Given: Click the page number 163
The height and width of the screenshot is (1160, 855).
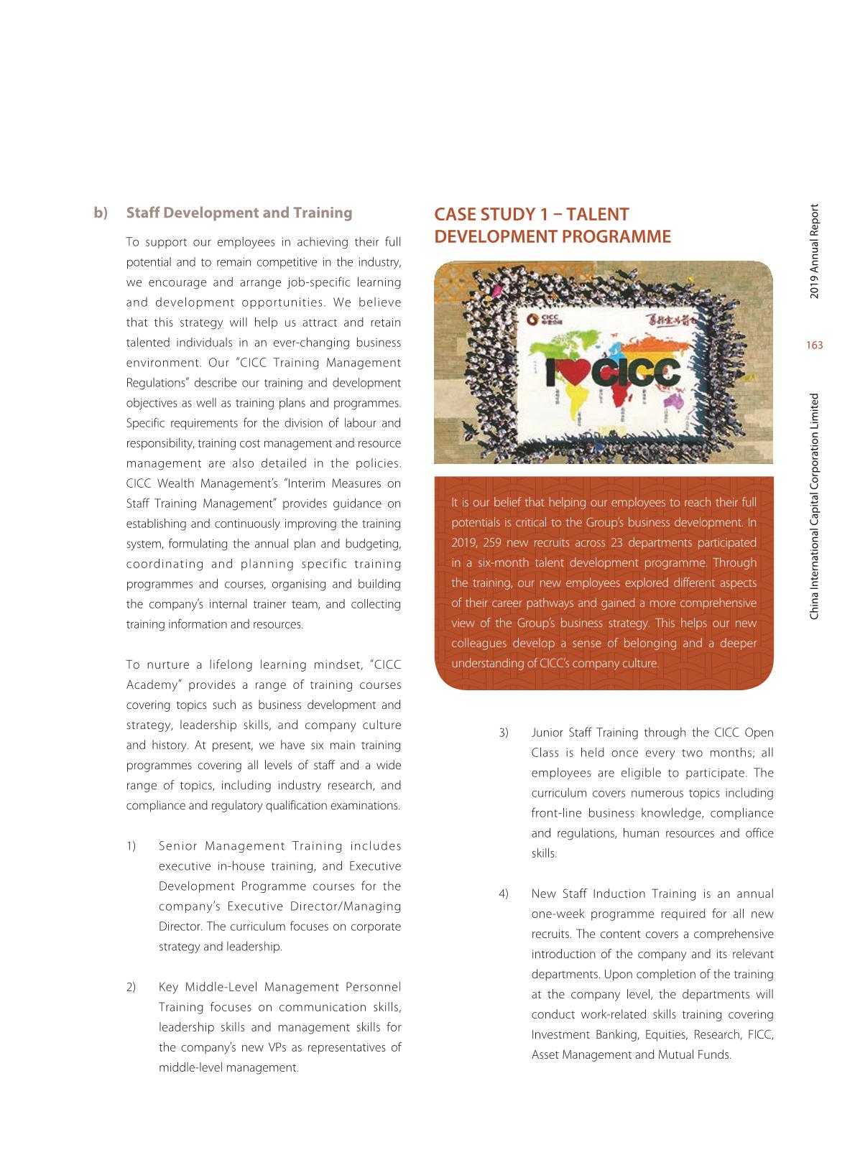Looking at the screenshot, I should point(814,346).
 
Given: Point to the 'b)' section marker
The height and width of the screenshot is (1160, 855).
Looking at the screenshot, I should point(101,213).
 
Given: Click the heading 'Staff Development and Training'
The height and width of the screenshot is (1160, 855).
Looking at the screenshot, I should point(239,213).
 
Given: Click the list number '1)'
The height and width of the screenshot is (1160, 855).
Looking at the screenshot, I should point(131,845).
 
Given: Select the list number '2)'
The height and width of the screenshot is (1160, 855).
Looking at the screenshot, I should point(131,986).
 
